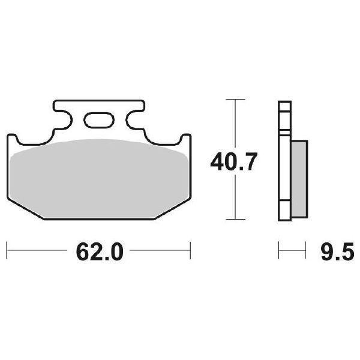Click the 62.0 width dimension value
click(99, 251)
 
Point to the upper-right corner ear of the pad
click(185, 140)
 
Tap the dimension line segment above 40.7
click(235, 123)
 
